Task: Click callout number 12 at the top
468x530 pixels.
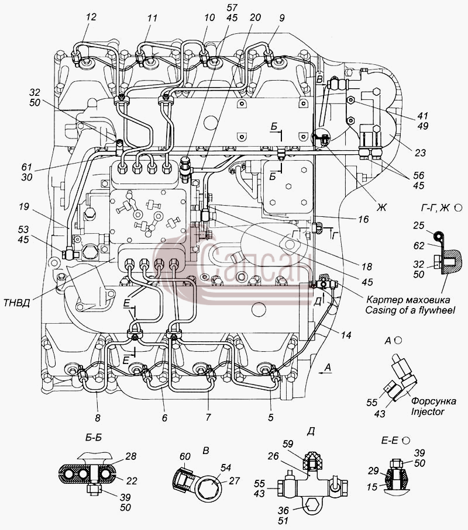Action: [x=91, y=17]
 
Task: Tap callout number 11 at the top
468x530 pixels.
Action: [x=152, y=18]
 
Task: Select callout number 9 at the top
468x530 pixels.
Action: [x=281, y=18]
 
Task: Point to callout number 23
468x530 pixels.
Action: [x=420, y=153]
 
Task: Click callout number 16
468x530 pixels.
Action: [x=363, y=219]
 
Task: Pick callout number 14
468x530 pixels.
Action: [x=346, y=335]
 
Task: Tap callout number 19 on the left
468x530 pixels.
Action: [x=23, y=206]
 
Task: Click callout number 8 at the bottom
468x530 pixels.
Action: [x=98, y=418]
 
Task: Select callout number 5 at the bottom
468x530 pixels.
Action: [x=270, y=417]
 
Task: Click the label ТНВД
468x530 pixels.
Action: [x=16, y=303]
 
